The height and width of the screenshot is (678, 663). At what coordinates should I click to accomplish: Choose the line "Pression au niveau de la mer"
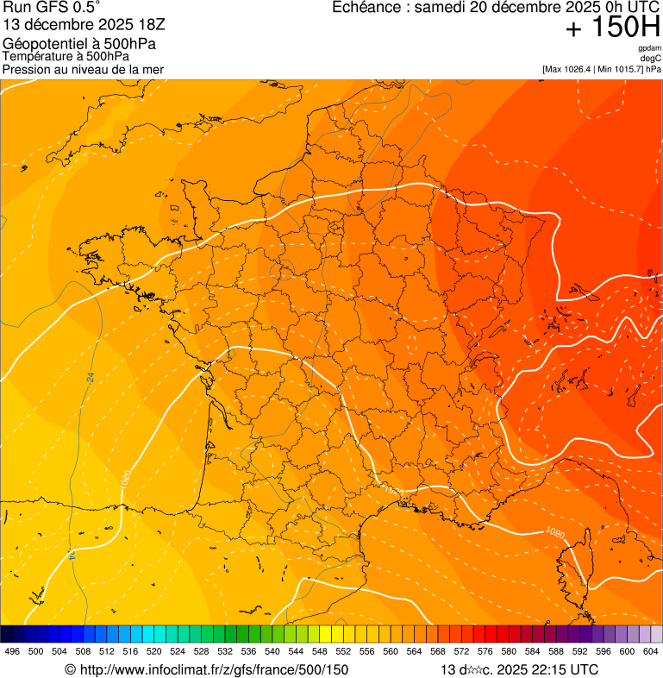pos(83,69)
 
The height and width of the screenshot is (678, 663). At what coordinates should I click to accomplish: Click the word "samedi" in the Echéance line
pos(437,8)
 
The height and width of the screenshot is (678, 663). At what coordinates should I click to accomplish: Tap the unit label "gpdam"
pos(649,47)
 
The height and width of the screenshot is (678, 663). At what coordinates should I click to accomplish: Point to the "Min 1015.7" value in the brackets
pos(618,69)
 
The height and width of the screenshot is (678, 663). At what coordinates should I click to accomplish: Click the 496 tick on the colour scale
pos(12,651)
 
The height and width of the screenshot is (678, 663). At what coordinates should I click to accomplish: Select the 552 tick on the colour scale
pos(343,651)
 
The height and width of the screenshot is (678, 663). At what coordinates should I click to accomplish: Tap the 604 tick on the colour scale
pos(650,651)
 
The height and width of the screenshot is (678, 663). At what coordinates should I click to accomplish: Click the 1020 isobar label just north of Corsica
pos(554,533)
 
